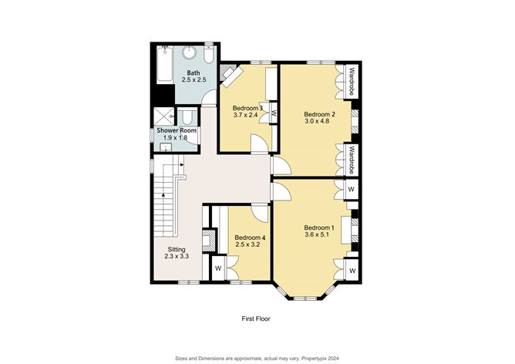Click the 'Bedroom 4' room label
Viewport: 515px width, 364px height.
point(250,241)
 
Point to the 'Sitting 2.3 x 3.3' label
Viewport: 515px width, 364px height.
point(176,252)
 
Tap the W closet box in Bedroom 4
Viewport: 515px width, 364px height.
point(218,268)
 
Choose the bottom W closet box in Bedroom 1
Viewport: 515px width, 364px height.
point(351,271)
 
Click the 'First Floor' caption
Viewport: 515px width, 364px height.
point(255,318)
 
